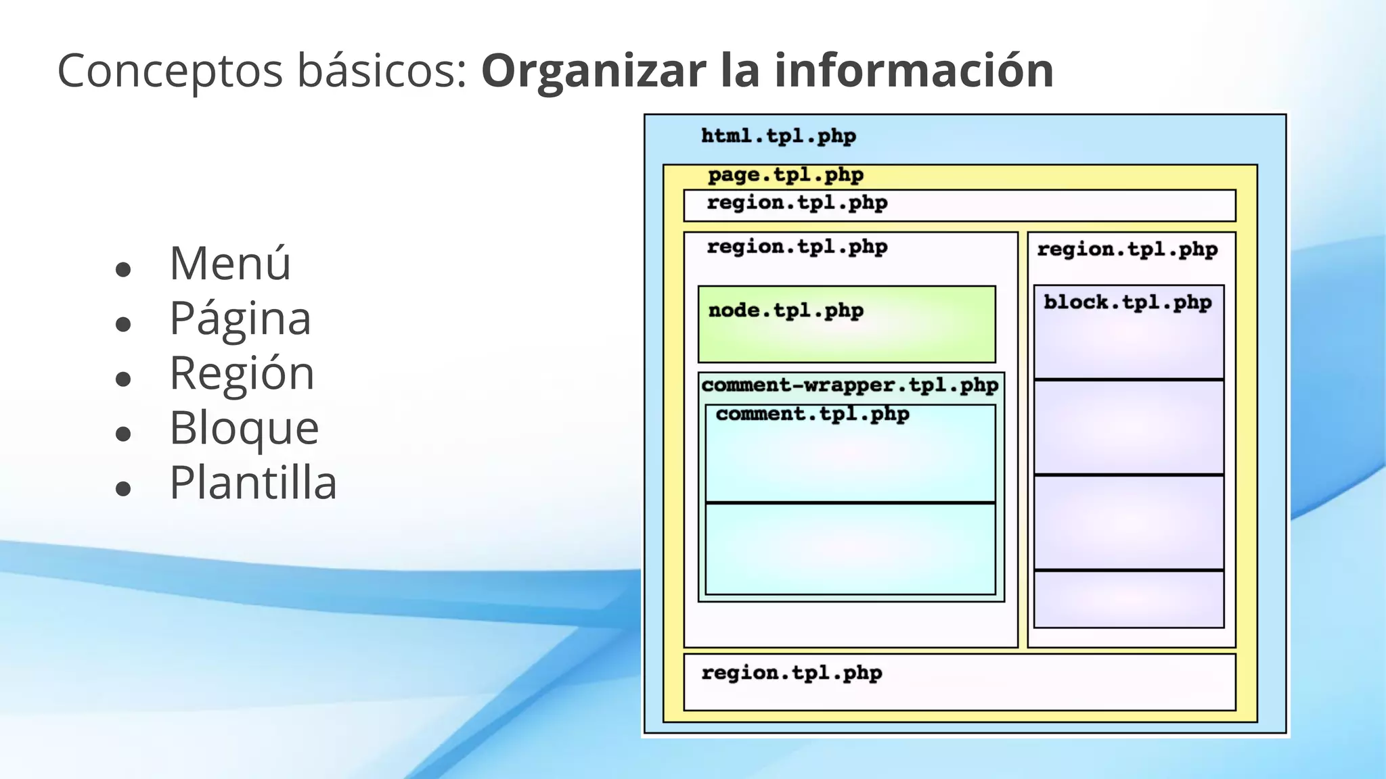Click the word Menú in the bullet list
tap(230, 263)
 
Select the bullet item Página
tap(240, 318)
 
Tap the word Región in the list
tap(242, 373)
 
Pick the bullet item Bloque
tap(244, 428)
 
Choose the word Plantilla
tap(253, 483)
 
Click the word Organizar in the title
tap(593, 71)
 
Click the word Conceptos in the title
tap(170, 71)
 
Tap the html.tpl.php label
tap(778, 137)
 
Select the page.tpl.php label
tap(786, 175)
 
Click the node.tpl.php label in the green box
tap(786, 311)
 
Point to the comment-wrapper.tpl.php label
tap(850, 385)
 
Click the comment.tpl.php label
tap(812, 414)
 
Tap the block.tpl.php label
tap(1127, 302)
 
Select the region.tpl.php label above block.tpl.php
tap(1127, 250)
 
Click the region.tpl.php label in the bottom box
tap(792, 673)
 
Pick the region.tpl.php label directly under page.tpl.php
tap(797, 203)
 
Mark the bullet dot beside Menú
tap(123, 270)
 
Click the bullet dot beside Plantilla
tap(123, 489)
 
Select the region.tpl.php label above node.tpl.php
tap(797, 247)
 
